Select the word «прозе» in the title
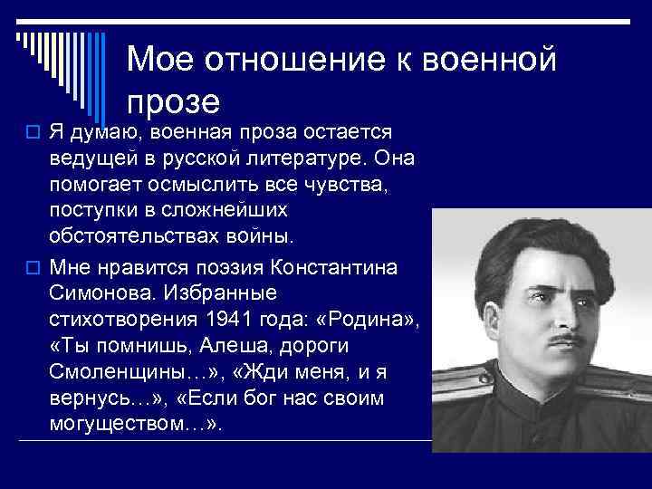173,100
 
